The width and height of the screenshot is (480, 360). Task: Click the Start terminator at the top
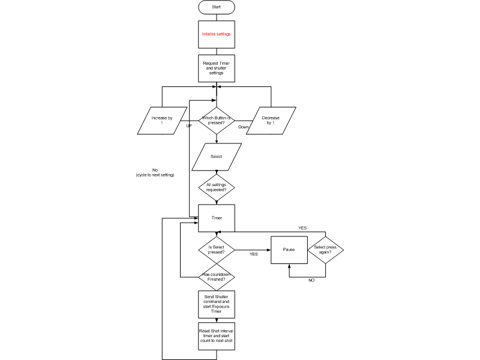tap(216, 7)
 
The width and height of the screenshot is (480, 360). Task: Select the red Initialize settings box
tap(216, 34)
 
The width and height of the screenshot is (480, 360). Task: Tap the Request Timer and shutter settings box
tap(216, 68)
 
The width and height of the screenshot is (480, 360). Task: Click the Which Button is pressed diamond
tap(216, 121)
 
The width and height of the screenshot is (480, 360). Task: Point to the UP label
tap(189, 127)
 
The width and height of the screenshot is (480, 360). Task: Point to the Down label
tap(243, 127)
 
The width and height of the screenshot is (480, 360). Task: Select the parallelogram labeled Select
tap(216, 157)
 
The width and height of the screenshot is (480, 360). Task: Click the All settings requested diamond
tap(216, 187)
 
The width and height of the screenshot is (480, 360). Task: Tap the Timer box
tap(216, 218)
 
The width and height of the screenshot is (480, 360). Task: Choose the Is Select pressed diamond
tap(216, 249)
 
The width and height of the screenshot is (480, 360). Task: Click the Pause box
tap(289, 249)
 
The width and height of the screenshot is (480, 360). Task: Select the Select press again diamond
tap(325, 249)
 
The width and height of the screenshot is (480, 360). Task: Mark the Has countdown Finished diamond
tap(216, 277)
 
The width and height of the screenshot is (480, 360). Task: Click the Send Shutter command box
tap(216, 304)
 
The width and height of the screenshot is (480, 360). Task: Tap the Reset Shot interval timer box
tap(216, 337)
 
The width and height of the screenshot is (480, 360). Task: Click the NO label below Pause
tap(311, 280)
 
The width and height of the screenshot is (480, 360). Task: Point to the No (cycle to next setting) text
tap(155, 172)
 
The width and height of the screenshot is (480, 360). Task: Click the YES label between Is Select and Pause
tap(254, 254)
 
